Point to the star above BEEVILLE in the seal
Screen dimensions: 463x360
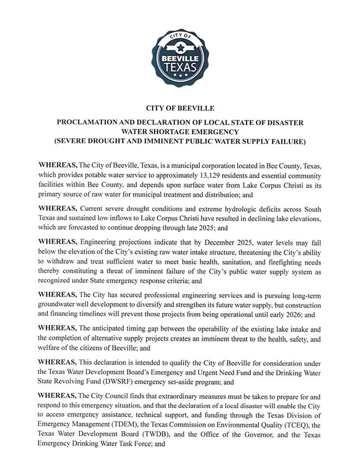tap(180, 46)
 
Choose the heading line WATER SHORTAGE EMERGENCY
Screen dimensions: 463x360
tap(179, 132)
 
